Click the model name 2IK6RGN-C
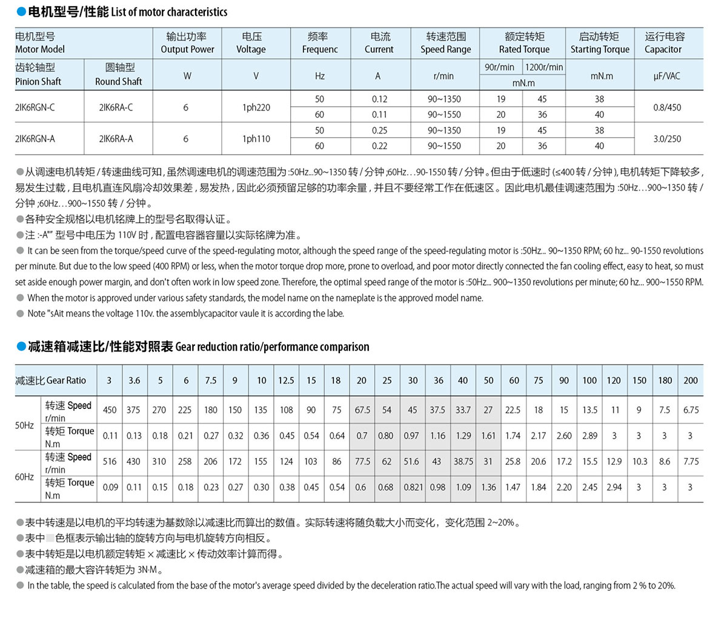click(35, 107)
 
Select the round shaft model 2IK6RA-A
click(116, 138)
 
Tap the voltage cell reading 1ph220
click(256, 107)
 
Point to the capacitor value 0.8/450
click(667, 107)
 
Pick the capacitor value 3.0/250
click(667, 138)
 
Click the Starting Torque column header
click(600, 43)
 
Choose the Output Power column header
click(187, 43)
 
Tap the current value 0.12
click(379, 99)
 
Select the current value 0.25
click(379, 130)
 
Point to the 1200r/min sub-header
click(543, 67)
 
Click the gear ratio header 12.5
click(286, 380)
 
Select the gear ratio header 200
click(691, 380)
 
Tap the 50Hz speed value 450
click(110, 410)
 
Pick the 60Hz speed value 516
click(110, 461)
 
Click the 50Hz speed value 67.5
click(362, 410)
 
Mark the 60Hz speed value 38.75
click(463, 461)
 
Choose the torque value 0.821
click(413, 487)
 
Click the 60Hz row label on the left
click(24, 477)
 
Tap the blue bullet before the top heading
click(21, 12)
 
